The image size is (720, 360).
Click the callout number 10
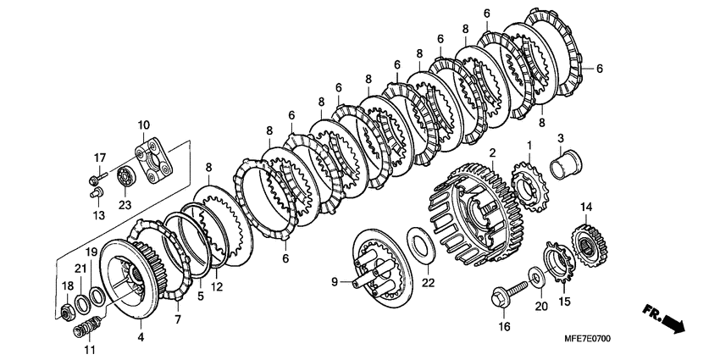[143, 125]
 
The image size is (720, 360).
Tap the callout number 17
[100, 158]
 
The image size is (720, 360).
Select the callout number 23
[125, 205]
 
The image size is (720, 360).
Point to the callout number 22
[428, 283]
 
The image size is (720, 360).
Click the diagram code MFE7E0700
[587, 339]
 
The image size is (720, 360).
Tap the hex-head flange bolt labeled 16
[509, 294]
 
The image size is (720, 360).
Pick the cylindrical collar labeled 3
[566, 165]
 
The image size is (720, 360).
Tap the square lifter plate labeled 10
[154, 162]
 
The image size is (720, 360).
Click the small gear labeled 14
[590, 246]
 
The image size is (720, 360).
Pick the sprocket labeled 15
[559, 263]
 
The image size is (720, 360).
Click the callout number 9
[335, 281]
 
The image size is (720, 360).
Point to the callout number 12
[217, 287]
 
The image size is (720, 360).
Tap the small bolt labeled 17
[97, 177]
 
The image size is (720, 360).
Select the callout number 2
[492, 152]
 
